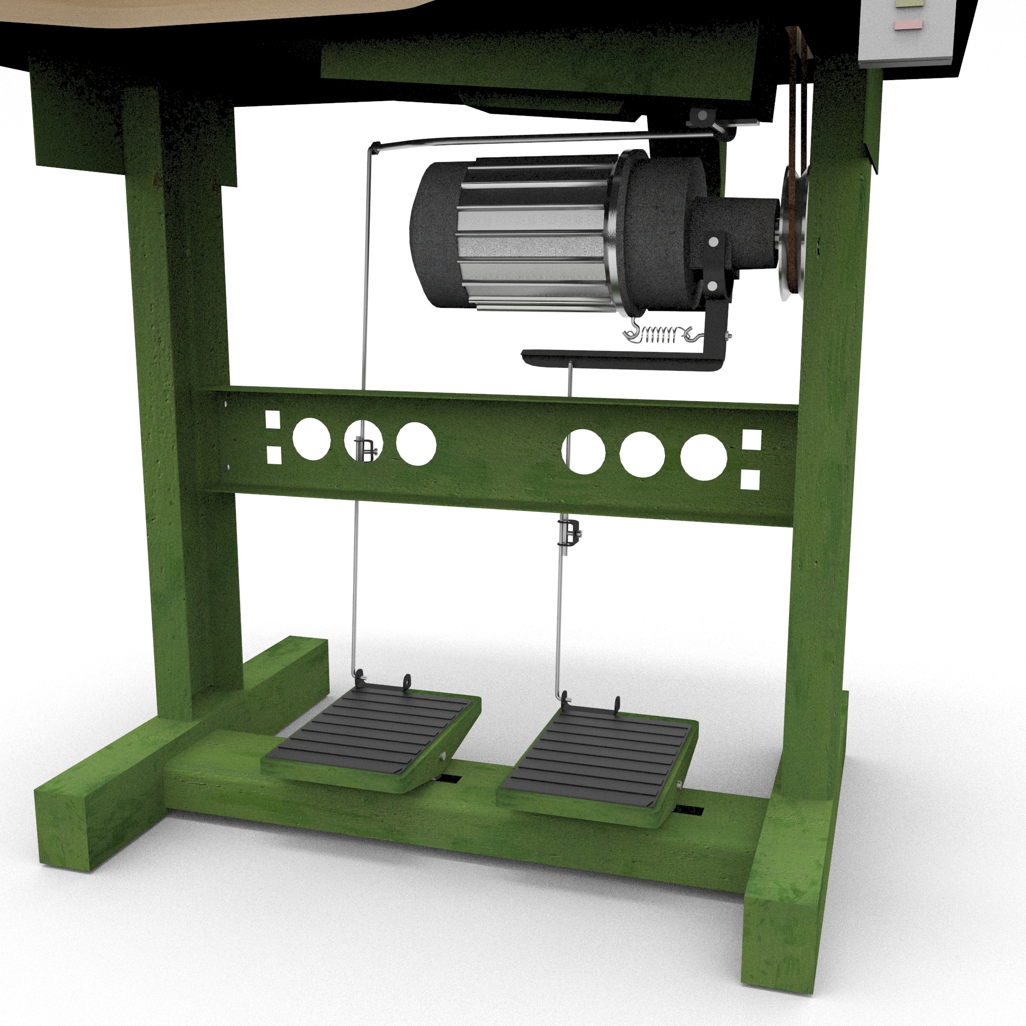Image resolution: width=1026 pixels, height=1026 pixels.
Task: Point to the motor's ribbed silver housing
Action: (x=531, y=233)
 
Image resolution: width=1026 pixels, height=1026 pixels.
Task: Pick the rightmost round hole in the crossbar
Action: (x=704, y=457)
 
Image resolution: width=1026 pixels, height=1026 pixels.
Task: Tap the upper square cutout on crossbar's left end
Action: (x=272, y=419)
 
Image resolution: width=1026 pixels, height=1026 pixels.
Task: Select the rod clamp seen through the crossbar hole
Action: (x=366, y=449)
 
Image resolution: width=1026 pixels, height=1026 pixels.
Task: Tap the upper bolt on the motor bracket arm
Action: (x=714, y=242)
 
